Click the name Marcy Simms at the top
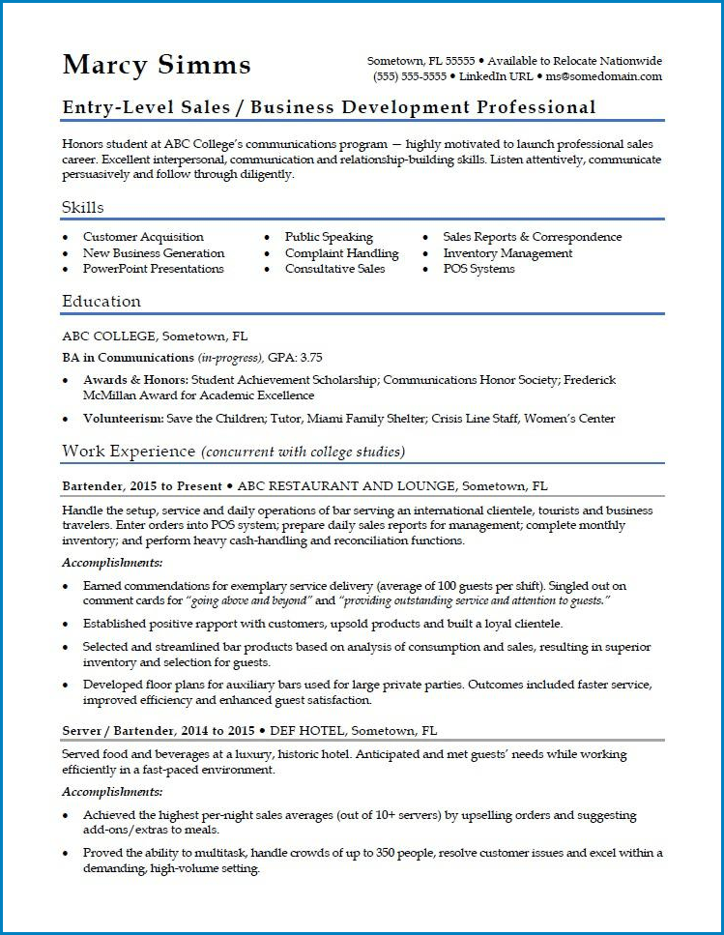[156, 65]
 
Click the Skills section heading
[83, 207]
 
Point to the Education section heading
[101, 301]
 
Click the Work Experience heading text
[130, 452]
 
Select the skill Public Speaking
[329, 237]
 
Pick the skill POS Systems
[478, 269]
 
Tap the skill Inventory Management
[507, 253]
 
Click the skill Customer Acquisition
[143, 237]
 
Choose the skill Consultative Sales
[334, 269]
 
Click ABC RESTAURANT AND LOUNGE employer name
[346, 485]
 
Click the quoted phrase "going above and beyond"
[246, 601]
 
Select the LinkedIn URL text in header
[496, 76]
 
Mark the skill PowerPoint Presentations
[153, 269]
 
